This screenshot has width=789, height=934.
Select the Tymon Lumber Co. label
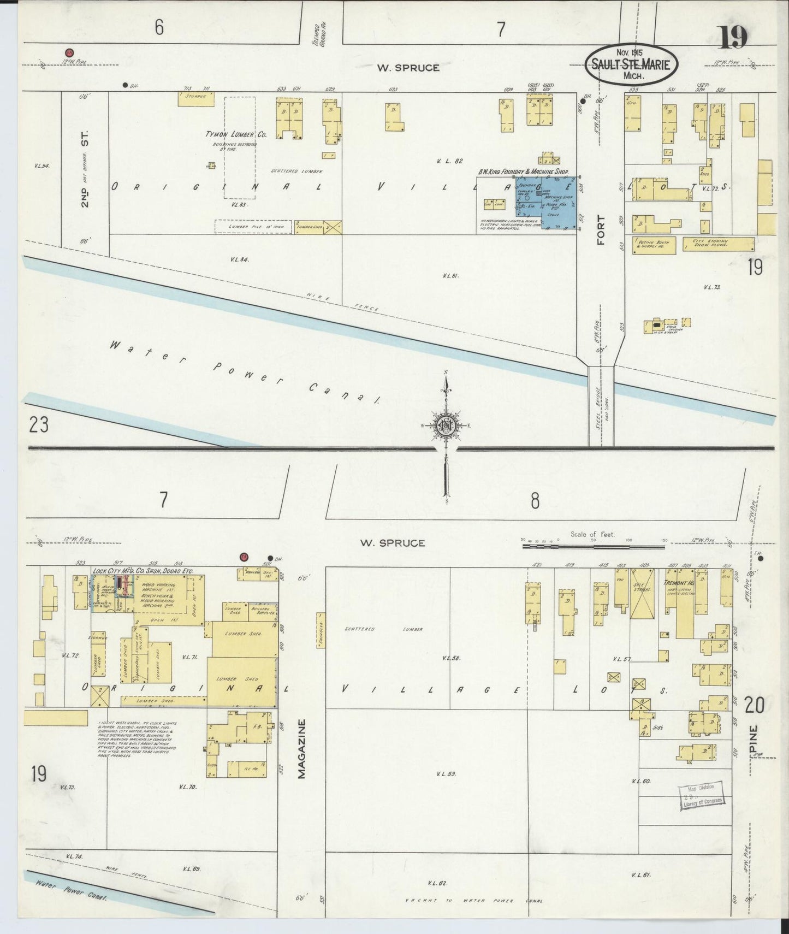[236, 134]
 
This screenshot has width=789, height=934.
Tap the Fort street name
[601, 230]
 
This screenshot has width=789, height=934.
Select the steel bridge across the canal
[601, 406]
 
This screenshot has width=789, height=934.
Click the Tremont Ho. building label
[678, 583]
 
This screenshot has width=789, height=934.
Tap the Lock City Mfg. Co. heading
[143, 571]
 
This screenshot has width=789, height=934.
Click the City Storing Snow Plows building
[718, 244]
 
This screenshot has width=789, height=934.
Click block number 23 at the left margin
[39, 425]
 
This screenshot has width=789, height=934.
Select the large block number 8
[535, 501]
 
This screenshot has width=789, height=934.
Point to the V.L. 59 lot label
[447, 774]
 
